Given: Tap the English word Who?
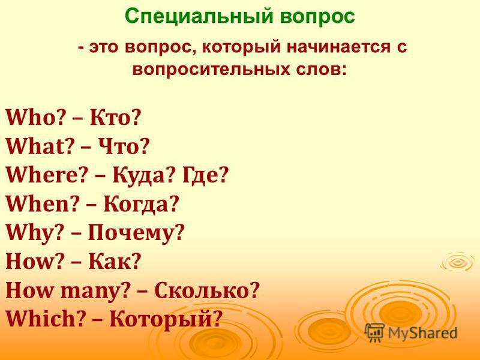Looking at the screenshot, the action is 37,118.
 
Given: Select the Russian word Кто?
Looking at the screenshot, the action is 115,118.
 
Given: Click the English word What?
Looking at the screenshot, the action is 40,146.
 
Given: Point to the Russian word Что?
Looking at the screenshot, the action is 124,146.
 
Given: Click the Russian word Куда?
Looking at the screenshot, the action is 144,176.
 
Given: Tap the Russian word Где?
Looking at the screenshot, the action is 206,176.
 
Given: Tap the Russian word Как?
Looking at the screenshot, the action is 115,261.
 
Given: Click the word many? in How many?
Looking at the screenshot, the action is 94,292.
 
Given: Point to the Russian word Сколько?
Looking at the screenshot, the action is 207,290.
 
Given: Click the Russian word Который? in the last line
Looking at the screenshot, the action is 166,319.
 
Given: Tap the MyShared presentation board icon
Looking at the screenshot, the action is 374,332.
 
